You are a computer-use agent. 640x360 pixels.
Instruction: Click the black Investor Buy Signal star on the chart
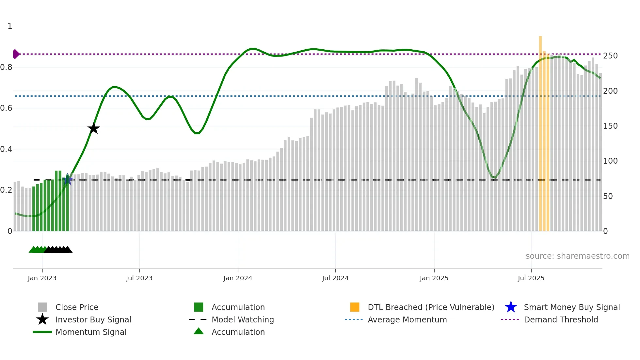click(93, 129)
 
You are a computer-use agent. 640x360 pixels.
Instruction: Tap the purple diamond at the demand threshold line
click(16, 54)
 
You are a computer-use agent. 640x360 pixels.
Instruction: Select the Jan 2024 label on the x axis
click(238, 278)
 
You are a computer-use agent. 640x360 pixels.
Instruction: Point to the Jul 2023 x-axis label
click(139, 278)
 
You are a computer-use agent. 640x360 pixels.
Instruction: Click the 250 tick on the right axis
click(610, 56)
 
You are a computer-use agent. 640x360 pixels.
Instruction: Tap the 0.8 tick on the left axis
click(7, 67)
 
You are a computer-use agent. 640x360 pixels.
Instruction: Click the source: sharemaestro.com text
click(577, 256)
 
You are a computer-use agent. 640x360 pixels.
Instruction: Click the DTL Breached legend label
click(431, 307)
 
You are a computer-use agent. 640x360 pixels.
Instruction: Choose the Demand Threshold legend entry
click(561, 319)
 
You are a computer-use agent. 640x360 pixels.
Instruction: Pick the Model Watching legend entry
click(242, 319)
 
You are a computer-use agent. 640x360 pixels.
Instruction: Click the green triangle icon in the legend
click(199, 331)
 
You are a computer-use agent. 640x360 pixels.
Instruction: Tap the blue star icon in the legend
click(511, 307)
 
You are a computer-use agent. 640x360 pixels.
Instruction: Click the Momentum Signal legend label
click(91, 332)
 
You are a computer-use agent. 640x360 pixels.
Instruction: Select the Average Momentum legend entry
click(407, 319)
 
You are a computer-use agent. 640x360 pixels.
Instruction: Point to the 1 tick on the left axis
click(10, 26)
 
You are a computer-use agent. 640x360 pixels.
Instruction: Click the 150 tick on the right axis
click(610, 126)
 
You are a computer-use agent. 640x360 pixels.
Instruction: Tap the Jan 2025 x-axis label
click(434, 278)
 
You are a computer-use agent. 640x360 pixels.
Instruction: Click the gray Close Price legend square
click(42, 307)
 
